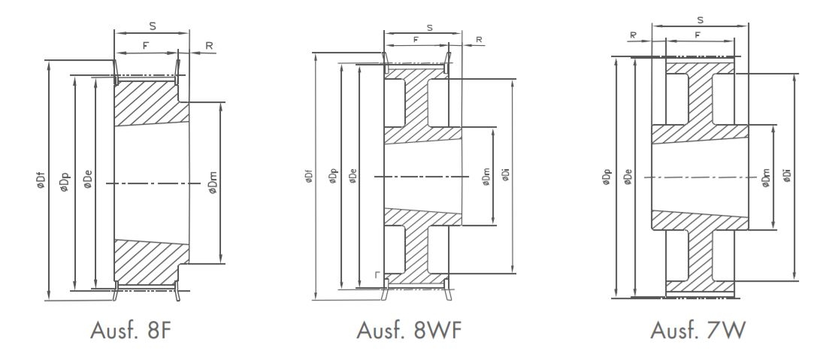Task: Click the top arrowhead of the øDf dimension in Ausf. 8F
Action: point(48,64)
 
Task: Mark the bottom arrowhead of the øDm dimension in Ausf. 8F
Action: point(220,260)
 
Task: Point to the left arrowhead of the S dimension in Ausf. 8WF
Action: point(387,32)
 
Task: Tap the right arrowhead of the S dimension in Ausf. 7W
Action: point(745,25)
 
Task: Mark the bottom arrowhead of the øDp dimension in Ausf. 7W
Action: point(616,295)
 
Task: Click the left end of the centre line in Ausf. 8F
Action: point(107,183)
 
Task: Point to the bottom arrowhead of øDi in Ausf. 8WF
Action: point(513,270)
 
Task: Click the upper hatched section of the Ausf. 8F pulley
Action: point(151,103)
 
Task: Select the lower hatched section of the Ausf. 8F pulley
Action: point(151,262)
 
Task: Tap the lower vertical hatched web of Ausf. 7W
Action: point(700,256)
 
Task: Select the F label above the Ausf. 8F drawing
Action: point(145,46)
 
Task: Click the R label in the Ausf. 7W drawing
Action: point(633,35)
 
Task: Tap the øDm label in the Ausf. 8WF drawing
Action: point(486,177)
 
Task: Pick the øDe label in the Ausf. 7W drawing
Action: point(628,177)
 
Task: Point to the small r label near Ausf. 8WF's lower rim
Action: point(377,275)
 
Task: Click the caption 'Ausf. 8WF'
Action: point(409,330)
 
